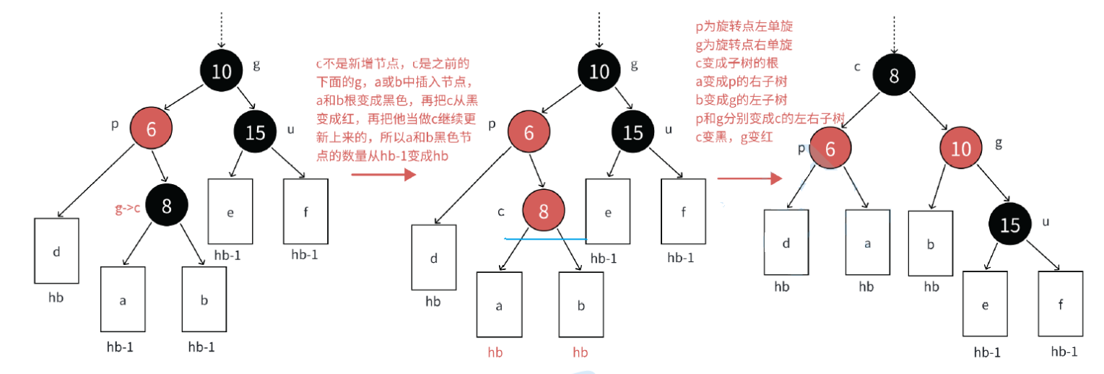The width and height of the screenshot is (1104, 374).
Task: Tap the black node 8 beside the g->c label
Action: click(167, 206)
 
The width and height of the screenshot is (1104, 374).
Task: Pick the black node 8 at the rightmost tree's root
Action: click(894, 77)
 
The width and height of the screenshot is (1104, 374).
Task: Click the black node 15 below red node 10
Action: click(1010, 225)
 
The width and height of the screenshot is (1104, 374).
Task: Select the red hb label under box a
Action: click(495, 352)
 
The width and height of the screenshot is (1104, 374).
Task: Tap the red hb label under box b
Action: click(581, 352)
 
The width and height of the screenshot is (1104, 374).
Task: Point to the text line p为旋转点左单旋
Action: click(744, 27)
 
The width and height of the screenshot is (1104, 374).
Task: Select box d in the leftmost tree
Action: click(56, 251)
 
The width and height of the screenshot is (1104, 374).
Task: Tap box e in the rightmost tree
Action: click(985, 303)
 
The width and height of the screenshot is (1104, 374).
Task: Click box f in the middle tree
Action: click(683, 212)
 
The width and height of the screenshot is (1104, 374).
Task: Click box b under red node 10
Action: click(931, 244)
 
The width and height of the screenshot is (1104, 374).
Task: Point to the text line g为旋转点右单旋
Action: click(744, 45)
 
